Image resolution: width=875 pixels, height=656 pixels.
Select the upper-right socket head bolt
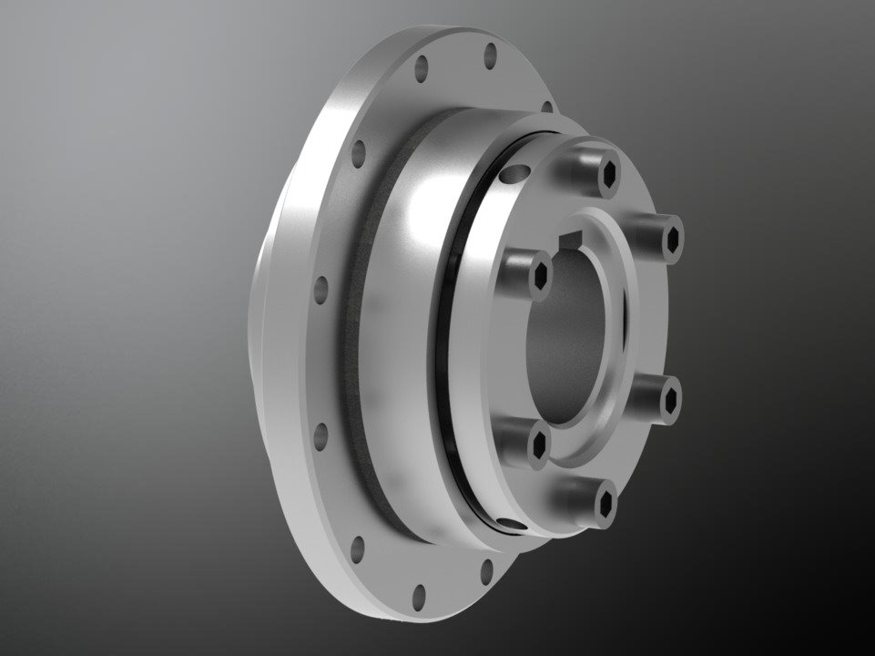672,239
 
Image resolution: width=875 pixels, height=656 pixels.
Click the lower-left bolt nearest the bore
539,444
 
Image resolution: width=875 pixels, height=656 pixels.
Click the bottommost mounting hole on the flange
419,597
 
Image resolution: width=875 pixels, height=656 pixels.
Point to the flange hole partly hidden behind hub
546,107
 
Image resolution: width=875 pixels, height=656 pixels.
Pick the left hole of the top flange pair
421,67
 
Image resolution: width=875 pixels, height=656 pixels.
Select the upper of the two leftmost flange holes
321,290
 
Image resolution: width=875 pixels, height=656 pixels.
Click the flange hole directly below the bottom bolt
487,571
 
